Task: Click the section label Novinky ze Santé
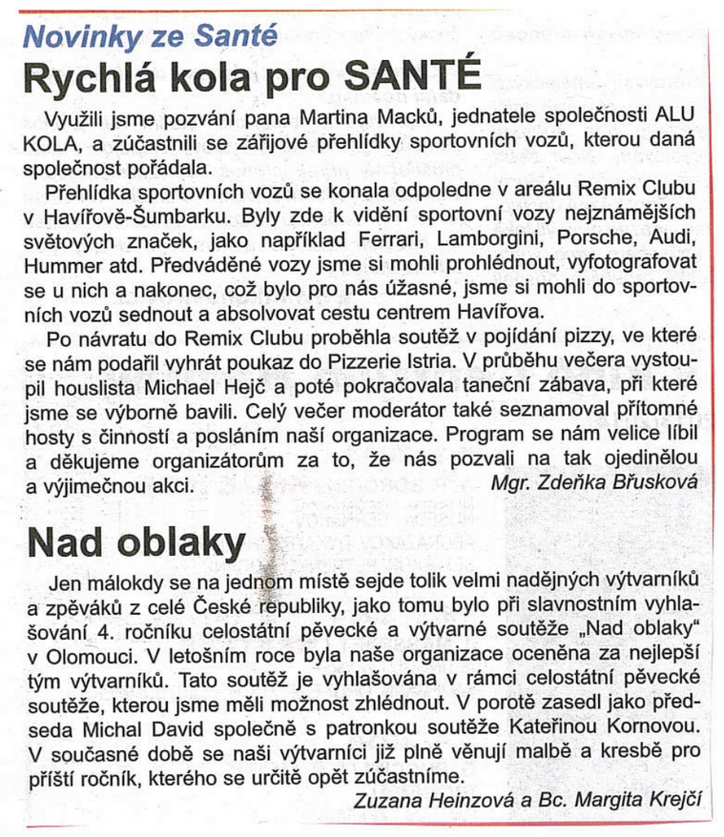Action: click(x=150, y=36)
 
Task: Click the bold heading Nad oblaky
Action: click(x=136, y=541)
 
